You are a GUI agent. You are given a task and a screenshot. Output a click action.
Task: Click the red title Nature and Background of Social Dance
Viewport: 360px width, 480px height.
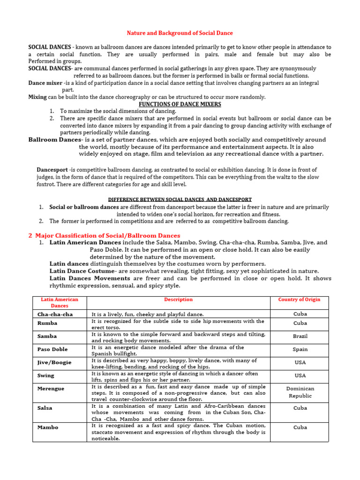(x=180, y=33)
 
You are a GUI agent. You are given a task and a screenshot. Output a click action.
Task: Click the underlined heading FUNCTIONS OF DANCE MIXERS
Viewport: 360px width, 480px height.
(x=180, y=104)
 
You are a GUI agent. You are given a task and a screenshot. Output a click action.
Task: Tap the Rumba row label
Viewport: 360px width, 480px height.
(x=47, y=323)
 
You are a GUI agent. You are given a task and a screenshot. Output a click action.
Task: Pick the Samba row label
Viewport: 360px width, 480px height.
(x=47, y=336)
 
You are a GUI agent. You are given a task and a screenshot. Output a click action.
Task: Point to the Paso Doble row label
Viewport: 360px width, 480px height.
(x=52, y=349)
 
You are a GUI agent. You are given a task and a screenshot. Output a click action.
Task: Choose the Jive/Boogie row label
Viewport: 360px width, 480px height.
(x=54, y=362)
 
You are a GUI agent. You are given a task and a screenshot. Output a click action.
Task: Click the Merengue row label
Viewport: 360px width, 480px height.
(x=51, y=389)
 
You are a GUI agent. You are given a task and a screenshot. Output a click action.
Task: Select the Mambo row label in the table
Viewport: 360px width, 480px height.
(x=48, y=427)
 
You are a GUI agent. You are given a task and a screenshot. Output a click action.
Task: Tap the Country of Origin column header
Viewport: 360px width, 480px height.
(x=300, y=300)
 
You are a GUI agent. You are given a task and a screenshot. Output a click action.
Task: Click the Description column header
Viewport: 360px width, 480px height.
(x=178, y=300)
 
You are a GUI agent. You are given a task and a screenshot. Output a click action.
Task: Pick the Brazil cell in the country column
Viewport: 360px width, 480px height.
(x=300, y=337)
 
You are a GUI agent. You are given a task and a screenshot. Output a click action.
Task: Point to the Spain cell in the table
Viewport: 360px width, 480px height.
(x=300, y=349)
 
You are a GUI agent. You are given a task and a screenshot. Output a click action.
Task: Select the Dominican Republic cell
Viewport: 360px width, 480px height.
(x=300, y=392)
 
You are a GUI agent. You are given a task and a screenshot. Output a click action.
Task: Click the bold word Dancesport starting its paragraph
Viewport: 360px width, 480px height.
(x=52, y=170)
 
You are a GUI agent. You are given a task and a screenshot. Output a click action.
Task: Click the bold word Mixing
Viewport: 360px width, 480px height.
(x=37, y=97)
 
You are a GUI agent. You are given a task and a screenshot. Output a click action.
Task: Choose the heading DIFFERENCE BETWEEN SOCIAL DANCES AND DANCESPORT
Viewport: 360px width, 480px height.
(x=180, y=199)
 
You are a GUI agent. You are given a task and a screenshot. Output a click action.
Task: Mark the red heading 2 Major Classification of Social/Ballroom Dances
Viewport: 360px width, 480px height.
(x=104, y=235)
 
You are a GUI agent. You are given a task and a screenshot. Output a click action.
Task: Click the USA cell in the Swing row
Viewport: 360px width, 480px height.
(x=300, y=375)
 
